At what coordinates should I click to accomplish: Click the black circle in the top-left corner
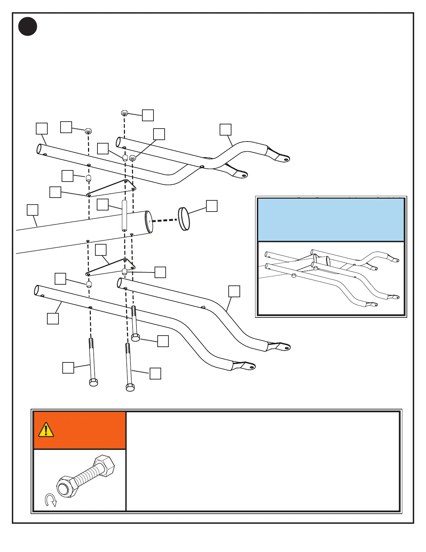click(x=28, y=26)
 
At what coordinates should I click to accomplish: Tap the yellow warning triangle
click(x=46, y=430)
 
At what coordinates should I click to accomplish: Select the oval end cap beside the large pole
click(x=184, y=219)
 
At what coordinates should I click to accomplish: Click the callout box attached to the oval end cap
click(x=212, y=206)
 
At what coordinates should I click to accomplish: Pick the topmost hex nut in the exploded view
click(x=125, y=113)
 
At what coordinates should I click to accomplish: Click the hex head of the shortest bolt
click(x=135, y=337)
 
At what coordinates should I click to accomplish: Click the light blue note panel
click(x=331, y=220)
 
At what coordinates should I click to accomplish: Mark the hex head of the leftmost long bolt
click(x=93, y=382)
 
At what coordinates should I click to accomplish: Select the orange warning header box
click(x=79, y=430)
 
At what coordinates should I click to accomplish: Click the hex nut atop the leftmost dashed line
click(x=88, y=131)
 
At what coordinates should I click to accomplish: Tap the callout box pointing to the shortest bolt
click(x=163, y=341)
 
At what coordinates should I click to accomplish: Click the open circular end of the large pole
click(x=149, y=222)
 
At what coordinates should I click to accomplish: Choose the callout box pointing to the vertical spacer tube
click(x=102, y=205)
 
